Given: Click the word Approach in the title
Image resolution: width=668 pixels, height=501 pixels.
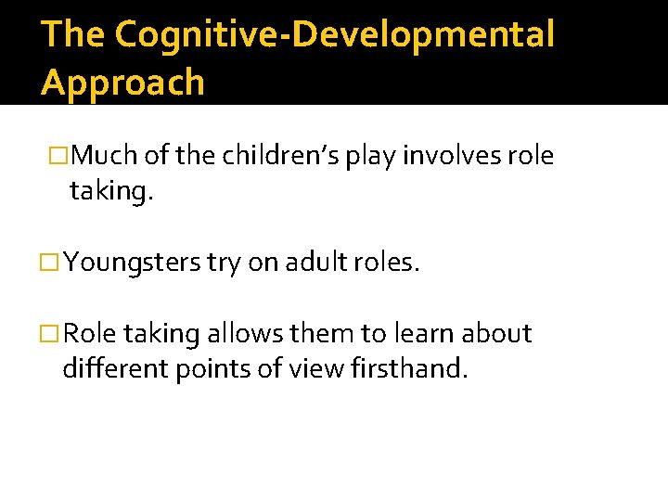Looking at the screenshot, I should click(x=122, y=83).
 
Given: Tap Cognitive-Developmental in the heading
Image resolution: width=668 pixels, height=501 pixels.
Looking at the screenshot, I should click(x=335, y=34).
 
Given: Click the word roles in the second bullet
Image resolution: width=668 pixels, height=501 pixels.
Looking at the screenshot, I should click(x=389, y=263).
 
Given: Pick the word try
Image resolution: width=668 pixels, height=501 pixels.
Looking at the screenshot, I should click(x=223, y=263).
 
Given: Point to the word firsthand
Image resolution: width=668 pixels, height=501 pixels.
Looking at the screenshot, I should click(x=410, y=368).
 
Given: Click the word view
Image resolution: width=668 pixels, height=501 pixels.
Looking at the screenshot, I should click(x=307, y=368).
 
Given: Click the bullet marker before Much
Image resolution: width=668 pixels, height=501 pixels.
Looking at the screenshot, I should click(x=58, y=156).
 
